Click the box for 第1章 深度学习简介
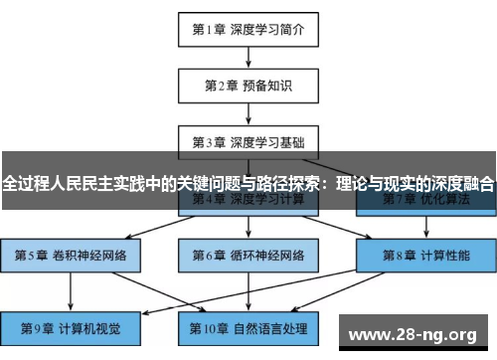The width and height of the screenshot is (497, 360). click(x=248, y=29)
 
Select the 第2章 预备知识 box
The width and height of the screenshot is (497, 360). click(x=248, y=86)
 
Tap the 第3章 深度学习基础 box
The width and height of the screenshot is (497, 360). click(x=248, y=142)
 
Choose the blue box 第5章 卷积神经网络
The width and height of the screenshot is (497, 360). click(x=71, y=255)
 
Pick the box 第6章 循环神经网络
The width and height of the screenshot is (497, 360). click(x=248, y=255)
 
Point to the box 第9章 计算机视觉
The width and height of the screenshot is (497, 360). click(x=71, y=326)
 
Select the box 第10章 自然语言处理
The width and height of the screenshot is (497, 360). click(x=248, y=326)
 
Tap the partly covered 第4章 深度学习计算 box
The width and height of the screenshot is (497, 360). click(x=248, y=203)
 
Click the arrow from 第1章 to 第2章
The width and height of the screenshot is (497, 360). click(x=248, y=57)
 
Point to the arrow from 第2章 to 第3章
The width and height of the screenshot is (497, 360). click(x=248, y=113)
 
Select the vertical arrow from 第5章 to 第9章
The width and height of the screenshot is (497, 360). click(x=71, y=290)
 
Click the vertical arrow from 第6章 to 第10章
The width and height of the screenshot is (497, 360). click(x=248, y=290)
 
